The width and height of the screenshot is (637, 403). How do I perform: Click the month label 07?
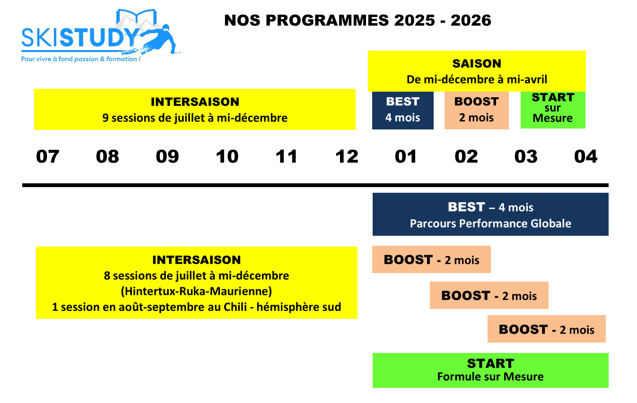[x=48, y=156]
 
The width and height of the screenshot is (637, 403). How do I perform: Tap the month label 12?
[x=347, y=156]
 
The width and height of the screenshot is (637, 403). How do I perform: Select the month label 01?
[x=406, y=156]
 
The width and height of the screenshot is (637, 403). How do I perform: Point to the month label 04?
[x=586, y=156]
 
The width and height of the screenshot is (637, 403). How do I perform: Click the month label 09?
[x=167, y=156]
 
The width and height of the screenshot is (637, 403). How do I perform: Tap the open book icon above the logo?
[x=137, y=17]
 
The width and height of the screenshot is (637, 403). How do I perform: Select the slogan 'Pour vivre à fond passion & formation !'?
[x=81, y=59]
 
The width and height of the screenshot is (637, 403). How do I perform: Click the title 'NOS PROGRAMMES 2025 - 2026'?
[x=358, y=20]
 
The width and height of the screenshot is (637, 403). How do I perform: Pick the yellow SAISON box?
[x=477, y=71]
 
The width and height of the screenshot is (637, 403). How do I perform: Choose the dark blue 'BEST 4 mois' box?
[x=402, y=110]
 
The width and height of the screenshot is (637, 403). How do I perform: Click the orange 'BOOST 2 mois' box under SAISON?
[x=477, y=110]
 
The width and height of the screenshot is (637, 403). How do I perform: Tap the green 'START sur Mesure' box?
[x=553, y=110]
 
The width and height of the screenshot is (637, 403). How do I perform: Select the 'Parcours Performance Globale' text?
[x=490, y=223]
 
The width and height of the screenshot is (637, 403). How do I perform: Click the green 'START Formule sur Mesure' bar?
[x=490, y=370]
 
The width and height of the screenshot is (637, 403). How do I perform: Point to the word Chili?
[x=235, y=307]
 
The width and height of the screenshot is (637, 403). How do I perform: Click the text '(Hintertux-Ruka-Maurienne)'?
[x=197, y=292]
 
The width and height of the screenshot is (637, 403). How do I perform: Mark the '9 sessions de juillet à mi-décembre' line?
[x=195, y=118]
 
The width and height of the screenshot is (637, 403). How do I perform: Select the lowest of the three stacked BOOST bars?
[x=547, y=329]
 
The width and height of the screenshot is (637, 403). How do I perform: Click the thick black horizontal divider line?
[x=315, y=185]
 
